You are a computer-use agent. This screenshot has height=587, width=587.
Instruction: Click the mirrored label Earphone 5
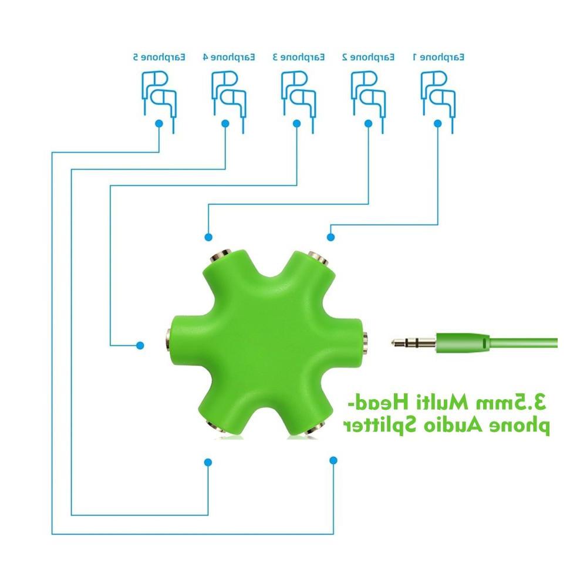coord(159,58)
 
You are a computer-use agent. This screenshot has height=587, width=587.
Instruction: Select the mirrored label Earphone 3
coord(299,58)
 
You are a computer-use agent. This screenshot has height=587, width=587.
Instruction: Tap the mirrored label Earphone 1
coord(438,58)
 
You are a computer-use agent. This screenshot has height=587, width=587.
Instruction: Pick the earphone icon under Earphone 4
coord(229,102)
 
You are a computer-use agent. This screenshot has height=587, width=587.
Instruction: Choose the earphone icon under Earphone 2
coord(369,102)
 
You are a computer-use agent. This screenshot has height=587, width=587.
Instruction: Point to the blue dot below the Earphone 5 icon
coord(159,123)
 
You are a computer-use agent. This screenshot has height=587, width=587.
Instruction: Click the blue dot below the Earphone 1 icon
coord(438,123)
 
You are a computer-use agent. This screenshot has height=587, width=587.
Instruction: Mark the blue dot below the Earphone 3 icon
coord(297,123)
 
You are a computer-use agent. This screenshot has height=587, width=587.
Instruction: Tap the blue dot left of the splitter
coord(140,346)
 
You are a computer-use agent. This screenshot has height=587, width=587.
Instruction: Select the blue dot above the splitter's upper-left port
coord(208,237)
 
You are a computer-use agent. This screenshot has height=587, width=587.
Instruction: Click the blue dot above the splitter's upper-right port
coord(330,237)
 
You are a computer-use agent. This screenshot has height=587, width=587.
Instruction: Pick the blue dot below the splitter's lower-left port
coord(208,463)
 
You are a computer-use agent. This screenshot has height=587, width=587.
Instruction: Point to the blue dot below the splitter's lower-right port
coord(333,460)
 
